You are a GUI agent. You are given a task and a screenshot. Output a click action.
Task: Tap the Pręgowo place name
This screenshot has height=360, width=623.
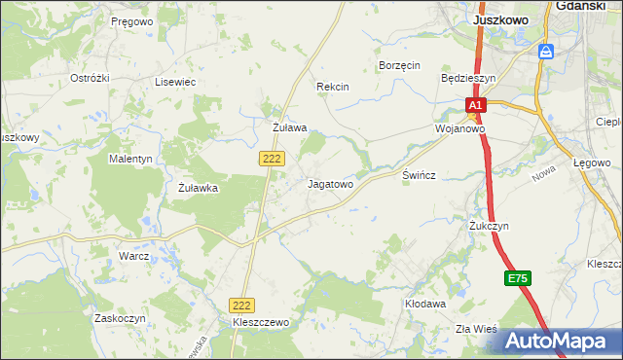click(x=132, y=21)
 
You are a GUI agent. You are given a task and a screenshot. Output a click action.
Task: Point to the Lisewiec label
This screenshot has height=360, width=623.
click(x=175, y=83)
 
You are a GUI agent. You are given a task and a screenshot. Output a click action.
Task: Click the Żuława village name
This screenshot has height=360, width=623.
click(x=289, y=127)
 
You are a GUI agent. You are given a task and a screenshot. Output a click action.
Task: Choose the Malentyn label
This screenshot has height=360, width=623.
click(x=130, y=159)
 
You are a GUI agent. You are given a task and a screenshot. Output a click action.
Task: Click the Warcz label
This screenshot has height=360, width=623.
click(x=133, y=256)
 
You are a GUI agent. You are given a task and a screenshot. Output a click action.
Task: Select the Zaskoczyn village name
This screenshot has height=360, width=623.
click(x=120, y=318)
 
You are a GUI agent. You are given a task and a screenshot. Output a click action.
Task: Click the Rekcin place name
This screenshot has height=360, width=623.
click(x=333, y=87)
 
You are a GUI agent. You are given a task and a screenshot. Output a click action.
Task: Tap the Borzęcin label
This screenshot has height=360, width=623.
click(x=398, y=66)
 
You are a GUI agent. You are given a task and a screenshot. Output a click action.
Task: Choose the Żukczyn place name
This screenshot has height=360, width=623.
click(x=489, y=226)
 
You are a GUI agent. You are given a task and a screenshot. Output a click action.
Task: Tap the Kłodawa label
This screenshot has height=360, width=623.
click(x=424, y=304)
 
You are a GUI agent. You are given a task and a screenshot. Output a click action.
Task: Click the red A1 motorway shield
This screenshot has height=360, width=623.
click(x=474, y=105)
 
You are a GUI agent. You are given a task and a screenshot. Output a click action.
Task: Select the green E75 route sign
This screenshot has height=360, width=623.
click(x=518, y=279)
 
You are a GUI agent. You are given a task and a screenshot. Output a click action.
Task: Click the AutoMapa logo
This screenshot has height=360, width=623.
click(x=558, y=342)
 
